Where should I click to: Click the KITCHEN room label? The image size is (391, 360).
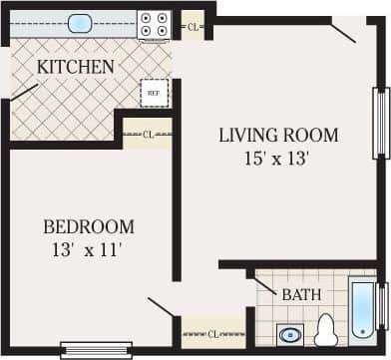[x=75, y=67]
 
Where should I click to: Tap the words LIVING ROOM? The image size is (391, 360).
[x=278, y=135]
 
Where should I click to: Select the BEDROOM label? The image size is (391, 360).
[x=89, y=226]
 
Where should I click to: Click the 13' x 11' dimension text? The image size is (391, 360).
[x=89, y=249]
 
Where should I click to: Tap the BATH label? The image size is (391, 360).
[x=300, y=295]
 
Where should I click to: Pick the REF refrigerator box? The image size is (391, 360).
[x=154, y=93]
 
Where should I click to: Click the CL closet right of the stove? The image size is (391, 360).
[x=193, y=25]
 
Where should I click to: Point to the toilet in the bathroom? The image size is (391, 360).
[x=325, y=330]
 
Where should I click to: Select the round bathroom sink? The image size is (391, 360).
[x=291, y=333]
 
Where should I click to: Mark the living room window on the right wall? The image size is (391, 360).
[x=379, y=123]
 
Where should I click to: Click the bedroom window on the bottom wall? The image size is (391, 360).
[x=96, y=349]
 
